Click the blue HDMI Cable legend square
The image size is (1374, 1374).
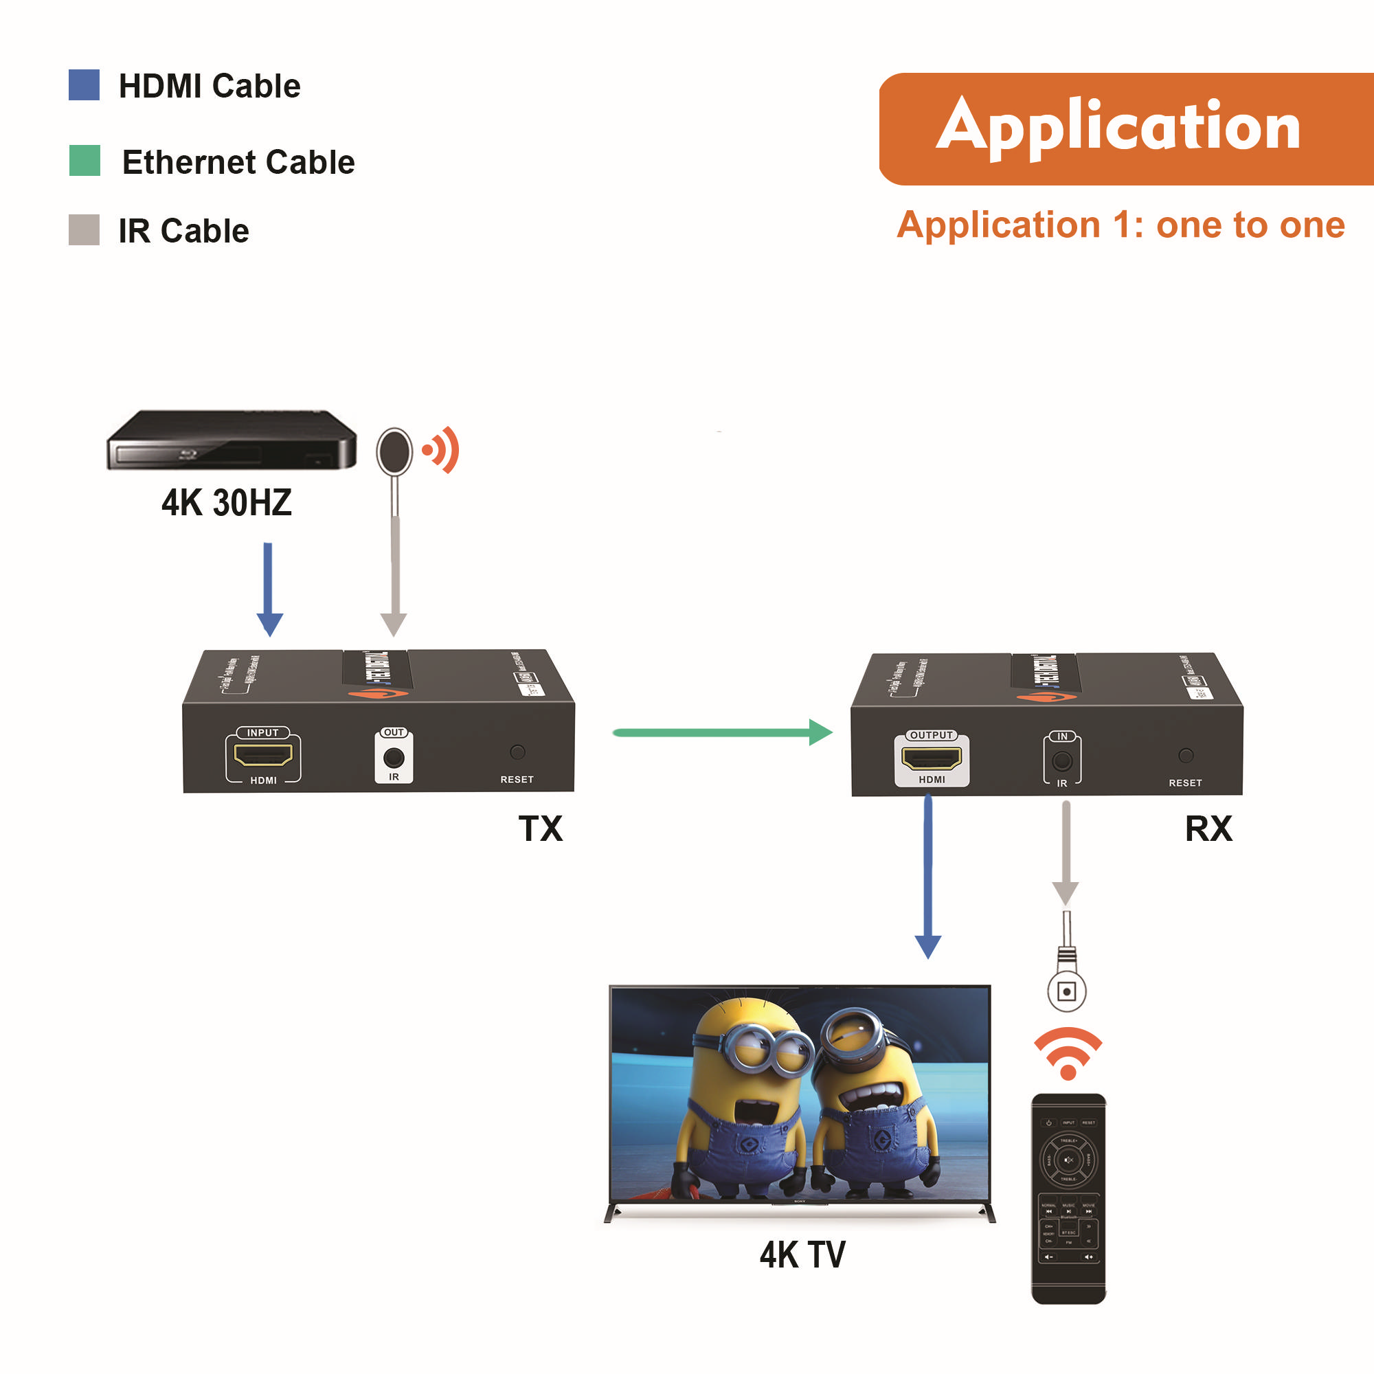pos(84,85)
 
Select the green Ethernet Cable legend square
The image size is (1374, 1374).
pos(85,161)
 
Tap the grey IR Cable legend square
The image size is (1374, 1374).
pos(84,229)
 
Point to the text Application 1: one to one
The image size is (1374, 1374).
pos(1120,225)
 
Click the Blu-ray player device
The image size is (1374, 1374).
pos(231,440)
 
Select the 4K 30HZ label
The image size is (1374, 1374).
pos(226,503)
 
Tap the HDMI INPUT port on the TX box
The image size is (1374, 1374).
pos(263,755)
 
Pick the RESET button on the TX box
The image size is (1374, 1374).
pos(518,752)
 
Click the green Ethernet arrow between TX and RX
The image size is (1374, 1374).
pos(722,732)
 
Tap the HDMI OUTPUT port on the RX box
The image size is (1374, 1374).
pos(931,758)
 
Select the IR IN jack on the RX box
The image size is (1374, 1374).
pos(1062,761)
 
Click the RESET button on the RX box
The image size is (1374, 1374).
pos(1186,755)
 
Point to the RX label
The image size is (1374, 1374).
pos(1208,829)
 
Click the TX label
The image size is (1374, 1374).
pos(541,829)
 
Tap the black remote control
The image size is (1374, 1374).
pos(1068,1198)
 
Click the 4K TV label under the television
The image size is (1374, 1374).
pos(802,1254)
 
